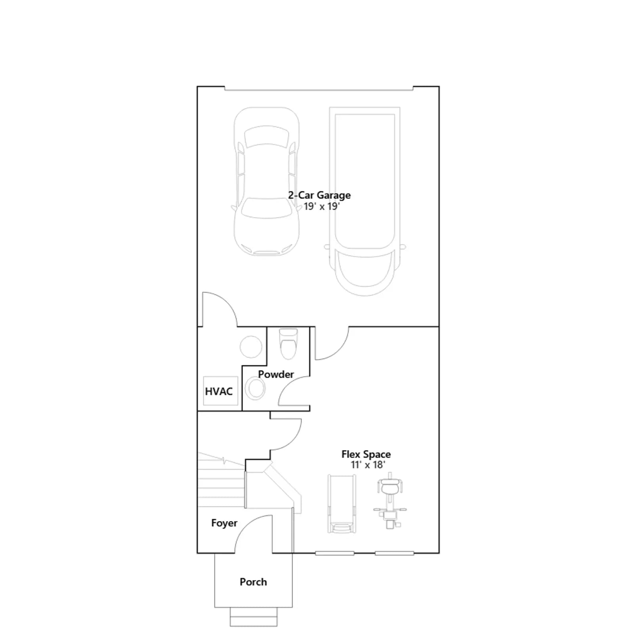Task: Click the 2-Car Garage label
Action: click(319, 195)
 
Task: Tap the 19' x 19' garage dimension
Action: click(321, 206)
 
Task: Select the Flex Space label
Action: click(366, 454)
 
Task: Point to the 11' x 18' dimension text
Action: click(368, 464)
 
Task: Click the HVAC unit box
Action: click(220, 391)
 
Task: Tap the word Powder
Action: click(276, 374)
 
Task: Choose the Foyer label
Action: click(224, 523)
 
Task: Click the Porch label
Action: click(253, 582)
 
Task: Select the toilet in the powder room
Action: click(288, 344)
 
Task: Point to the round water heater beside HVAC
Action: click(251, 347)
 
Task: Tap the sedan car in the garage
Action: click(266, 181)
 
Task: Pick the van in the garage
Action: click(365, 201)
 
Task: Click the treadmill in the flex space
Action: click(342, 504)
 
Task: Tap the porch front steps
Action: click(254, 617)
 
